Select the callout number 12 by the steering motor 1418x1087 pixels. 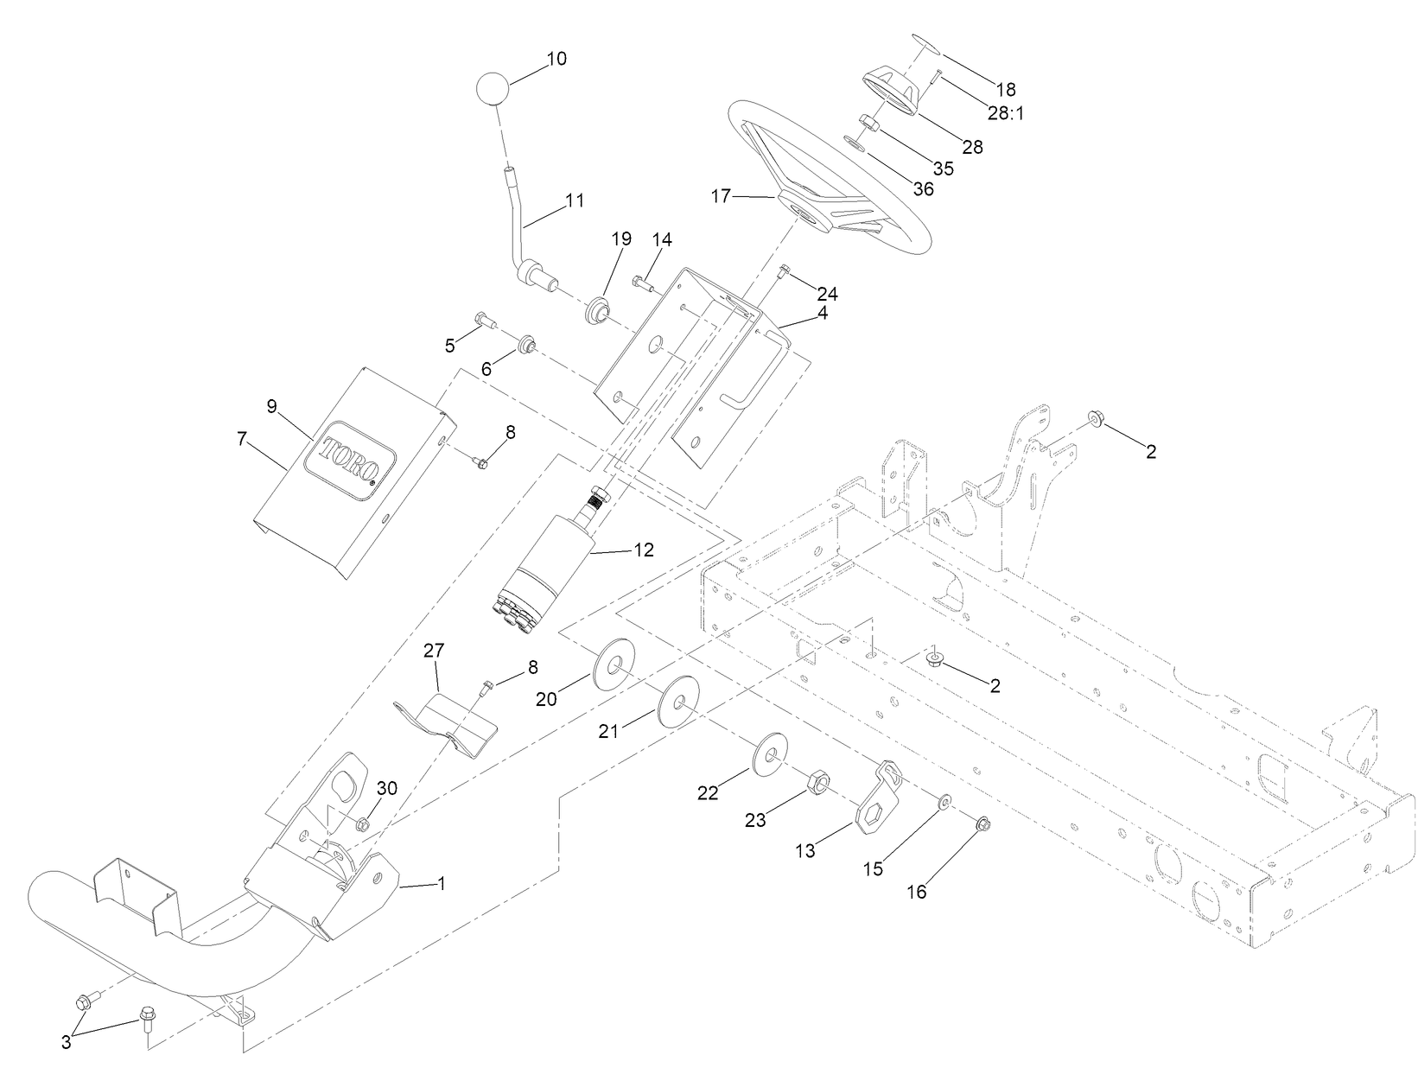coord(644,549)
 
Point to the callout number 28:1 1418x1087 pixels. coord(1006,113)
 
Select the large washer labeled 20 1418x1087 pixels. coord(613,664)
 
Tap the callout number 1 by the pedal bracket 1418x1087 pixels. coord(442,884)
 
